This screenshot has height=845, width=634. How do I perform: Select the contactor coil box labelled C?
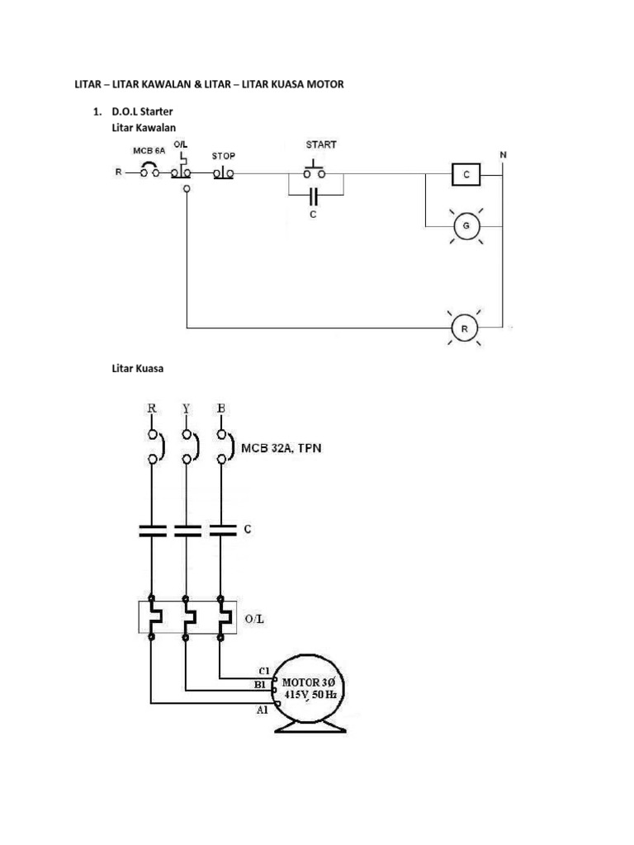[x=467, y=175]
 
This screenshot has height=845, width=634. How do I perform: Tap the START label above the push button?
[x=322, y=144]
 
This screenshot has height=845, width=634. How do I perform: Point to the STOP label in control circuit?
[x=225, y=155]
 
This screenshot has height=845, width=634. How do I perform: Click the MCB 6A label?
[x=149, y=151]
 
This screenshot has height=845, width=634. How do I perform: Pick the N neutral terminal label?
[x=504, y=155]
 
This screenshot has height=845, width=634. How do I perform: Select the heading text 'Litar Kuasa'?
[x=137, y=369]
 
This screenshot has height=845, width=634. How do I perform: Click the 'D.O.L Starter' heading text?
[x=145, y=111]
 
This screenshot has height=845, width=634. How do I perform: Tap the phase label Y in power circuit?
[x=186, y=408]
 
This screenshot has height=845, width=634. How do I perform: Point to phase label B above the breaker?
[x=220, y=408]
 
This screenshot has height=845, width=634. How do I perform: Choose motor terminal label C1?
[x=264, y=670]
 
